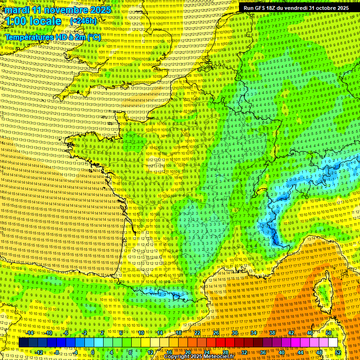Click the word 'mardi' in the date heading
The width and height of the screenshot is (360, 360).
click(x=17, y=9)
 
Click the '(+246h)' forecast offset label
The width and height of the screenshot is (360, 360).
click(x=83, y=21)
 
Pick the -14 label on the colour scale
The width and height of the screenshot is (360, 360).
click(x=30, y=333)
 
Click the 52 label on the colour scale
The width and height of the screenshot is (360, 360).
click(x=337, y=352)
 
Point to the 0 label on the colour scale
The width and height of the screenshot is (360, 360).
click(x=92, y=352)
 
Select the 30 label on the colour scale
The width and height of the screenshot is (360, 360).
click(x=234, y=333)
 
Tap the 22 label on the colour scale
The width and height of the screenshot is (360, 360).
click(x=197, y=333)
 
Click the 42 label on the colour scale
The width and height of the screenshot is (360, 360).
click(x=291, y=333)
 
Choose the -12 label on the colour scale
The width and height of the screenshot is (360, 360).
click(x=39, y=352)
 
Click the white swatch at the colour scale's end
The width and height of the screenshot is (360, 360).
click(x=333, y=343)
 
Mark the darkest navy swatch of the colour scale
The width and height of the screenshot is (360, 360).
click(x=23, y=343)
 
